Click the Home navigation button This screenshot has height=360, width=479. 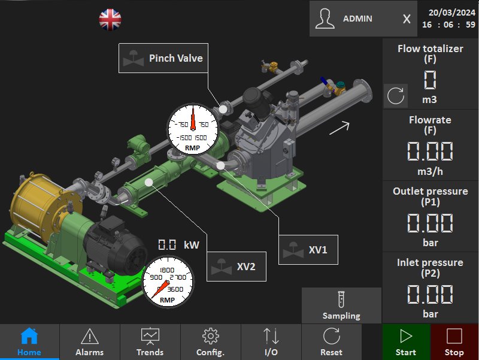(x=29, y=341)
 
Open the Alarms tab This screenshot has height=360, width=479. (x=90, y=341)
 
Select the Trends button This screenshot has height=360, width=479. (x=150, y=341)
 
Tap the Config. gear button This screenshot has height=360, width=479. (x=211, y=341)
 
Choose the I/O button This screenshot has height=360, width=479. (x=271, y=341)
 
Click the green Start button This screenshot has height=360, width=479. (x=407, y=341)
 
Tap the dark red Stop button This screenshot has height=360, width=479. (x=454, y=341)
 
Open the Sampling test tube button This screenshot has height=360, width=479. (x=341, y=305)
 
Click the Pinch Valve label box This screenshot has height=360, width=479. (x=163, y=58)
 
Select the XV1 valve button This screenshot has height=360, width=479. (x=308, y=250)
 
